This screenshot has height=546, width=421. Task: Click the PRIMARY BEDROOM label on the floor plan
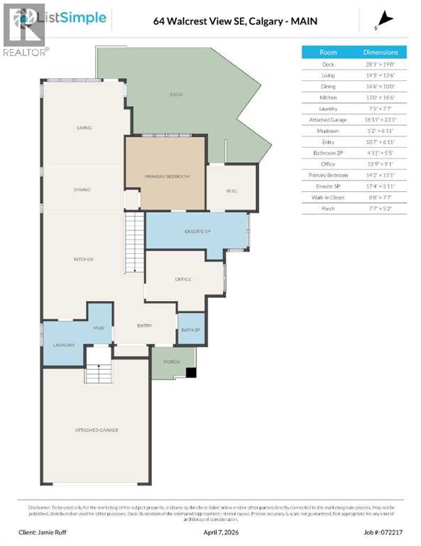tap(167, 176)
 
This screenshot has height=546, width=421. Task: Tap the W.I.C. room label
tap(231, 190)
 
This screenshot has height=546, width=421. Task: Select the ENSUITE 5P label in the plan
tap(198, 232)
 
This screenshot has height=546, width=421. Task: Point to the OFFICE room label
tap(183, 279)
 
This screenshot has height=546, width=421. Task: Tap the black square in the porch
tap(190, 372)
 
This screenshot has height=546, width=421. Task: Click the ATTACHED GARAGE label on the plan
tap(97, 430)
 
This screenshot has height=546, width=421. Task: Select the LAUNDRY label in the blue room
tap(63, 346)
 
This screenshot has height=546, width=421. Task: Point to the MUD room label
tap(99, 328)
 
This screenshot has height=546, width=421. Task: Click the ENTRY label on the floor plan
tap(144, 326)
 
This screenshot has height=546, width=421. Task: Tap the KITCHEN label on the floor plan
tap(84, 259)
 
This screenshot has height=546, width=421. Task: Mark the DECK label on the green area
tap(176, 95)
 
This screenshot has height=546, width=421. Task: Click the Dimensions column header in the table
tap(381, 52)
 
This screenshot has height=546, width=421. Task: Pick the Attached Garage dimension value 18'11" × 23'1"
tap(381, 120)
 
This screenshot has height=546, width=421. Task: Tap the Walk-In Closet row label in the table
tap(328, 197)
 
